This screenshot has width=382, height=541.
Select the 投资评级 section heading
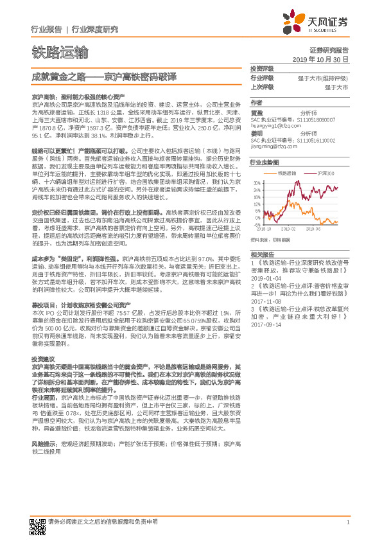click(x=262, y=68)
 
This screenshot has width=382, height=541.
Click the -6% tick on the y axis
click(x=256, y=226)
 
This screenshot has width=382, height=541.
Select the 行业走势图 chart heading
click(x=265, y=163)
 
